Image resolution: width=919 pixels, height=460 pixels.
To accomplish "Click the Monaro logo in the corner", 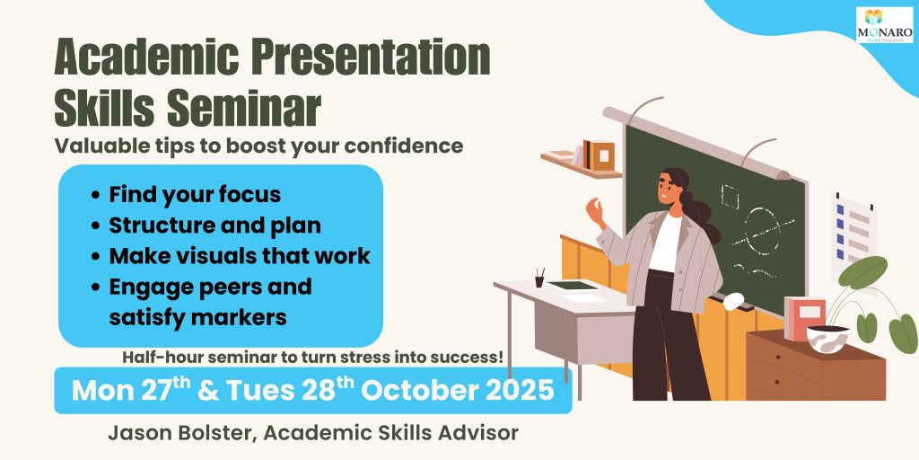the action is click(884, 25).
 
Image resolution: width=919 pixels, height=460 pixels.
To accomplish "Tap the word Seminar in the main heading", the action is click(244, 109).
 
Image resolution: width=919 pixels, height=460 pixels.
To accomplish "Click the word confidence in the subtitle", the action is click(404, 146).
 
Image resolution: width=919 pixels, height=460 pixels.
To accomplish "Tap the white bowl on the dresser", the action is click(827, 339).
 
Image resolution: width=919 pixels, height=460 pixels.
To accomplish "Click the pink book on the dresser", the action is click(805, 319).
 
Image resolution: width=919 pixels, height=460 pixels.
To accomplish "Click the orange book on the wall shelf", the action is click(601, 156).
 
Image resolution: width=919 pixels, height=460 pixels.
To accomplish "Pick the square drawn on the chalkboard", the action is click(730, 196).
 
